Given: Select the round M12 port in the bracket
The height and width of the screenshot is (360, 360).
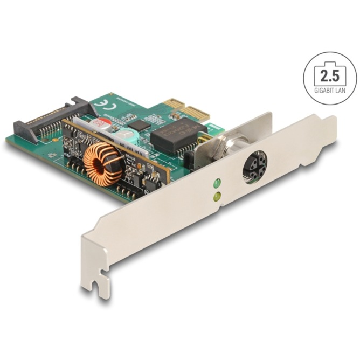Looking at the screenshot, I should coord(254,168).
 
